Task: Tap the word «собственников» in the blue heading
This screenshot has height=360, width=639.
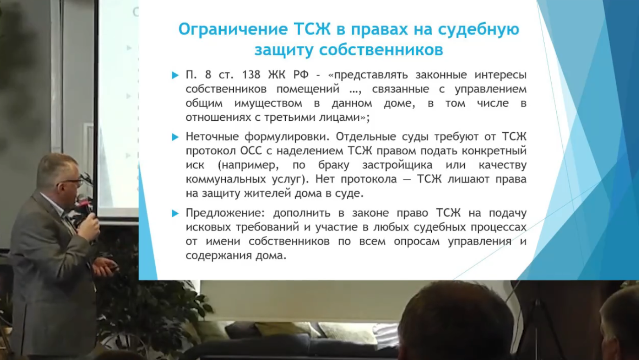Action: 381,50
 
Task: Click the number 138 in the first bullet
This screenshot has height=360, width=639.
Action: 251,75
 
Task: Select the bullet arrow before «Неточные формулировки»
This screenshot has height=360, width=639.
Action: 175,137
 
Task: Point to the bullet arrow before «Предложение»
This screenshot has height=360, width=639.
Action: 175,213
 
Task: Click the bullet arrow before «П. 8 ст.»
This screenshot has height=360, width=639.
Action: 175,75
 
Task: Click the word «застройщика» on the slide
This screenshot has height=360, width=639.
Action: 397,165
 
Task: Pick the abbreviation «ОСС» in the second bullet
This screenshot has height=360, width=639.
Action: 251,151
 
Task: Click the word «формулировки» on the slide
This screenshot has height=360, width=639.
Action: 287,137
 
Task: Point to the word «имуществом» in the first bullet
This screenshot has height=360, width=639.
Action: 268,104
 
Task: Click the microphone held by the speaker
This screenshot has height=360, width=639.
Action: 85,206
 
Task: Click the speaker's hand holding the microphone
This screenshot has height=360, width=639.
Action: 89,226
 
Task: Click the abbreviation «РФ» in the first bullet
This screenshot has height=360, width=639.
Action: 301,75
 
